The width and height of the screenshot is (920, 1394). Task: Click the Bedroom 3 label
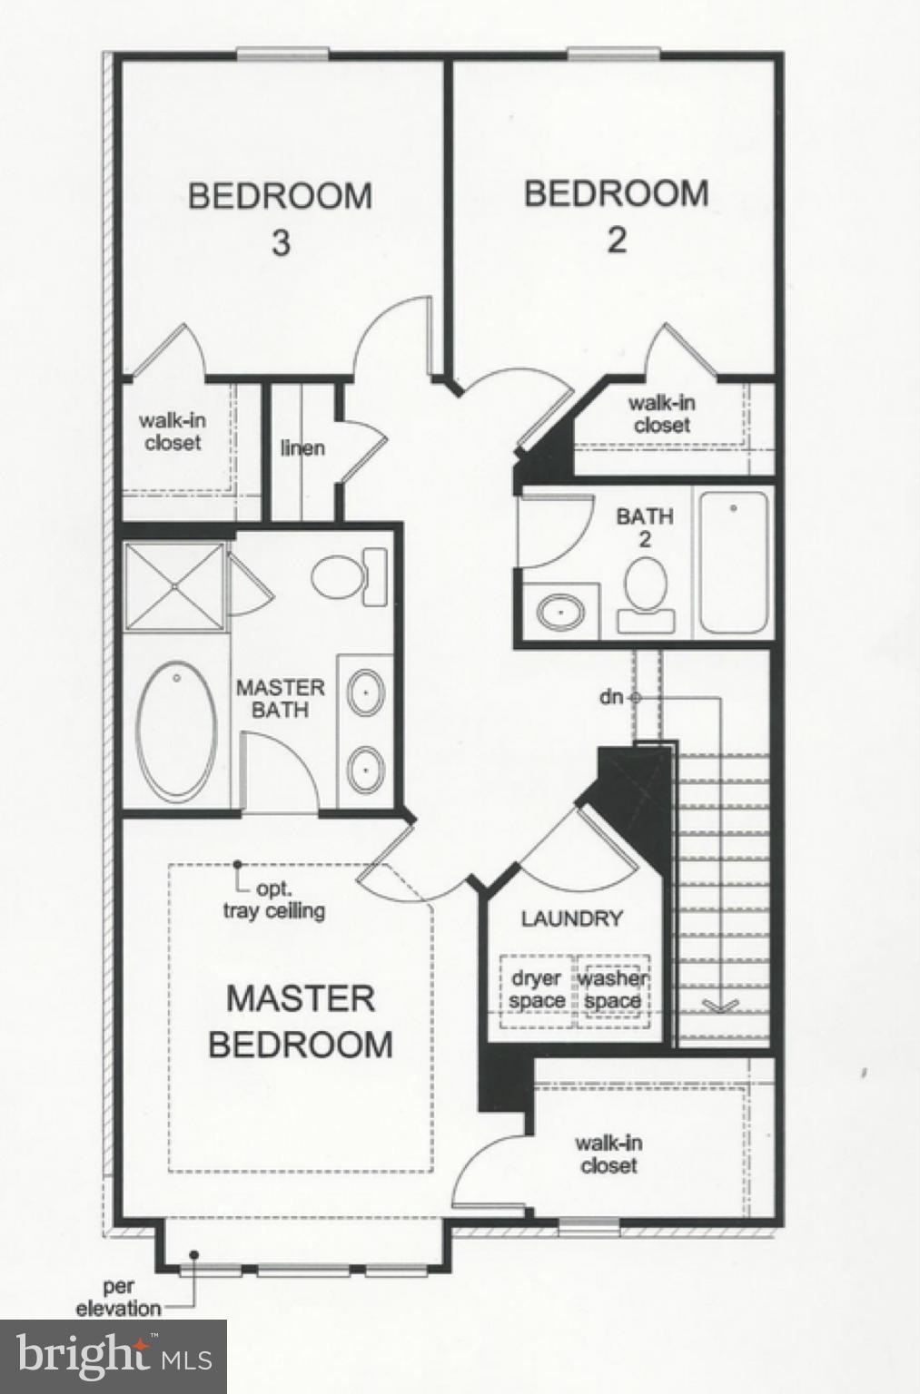point(280,218)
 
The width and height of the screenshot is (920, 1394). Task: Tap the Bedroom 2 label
point(616,216)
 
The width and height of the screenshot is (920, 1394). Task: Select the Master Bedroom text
point(301,1021)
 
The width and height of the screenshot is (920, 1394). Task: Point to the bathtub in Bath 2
point(734,563)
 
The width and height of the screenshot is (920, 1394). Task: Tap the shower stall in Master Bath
point(173,585)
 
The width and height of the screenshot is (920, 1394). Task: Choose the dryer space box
point(537,990)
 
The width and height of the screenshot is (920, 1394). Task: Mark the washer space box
point(613,990)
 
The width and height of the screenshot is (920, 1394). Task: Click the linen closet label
point(302,447)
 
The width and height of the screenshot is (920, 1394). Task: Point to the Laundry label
point(571,918)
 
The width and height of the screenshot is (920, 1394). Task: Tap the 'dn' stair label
point(611,697)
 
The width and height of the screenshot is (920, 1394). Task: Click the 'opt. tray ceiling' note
point(274,900)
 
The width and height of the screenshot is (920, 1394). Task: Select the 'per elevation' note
point(118,1299)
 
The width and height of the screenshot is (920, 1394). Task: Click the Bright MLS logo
point(113,1356)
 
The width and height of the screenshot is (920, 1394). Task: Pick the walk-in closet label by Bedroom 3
point(171,432)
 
